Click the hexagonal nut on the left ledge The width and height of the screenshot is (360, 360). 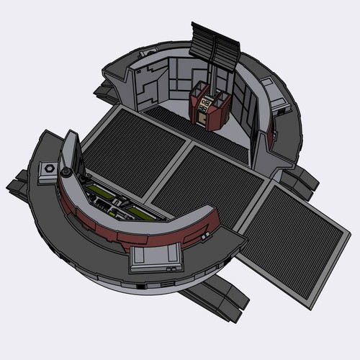[49, 168]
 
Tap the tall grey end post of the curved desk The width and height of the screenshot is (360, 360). [69, 155]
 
